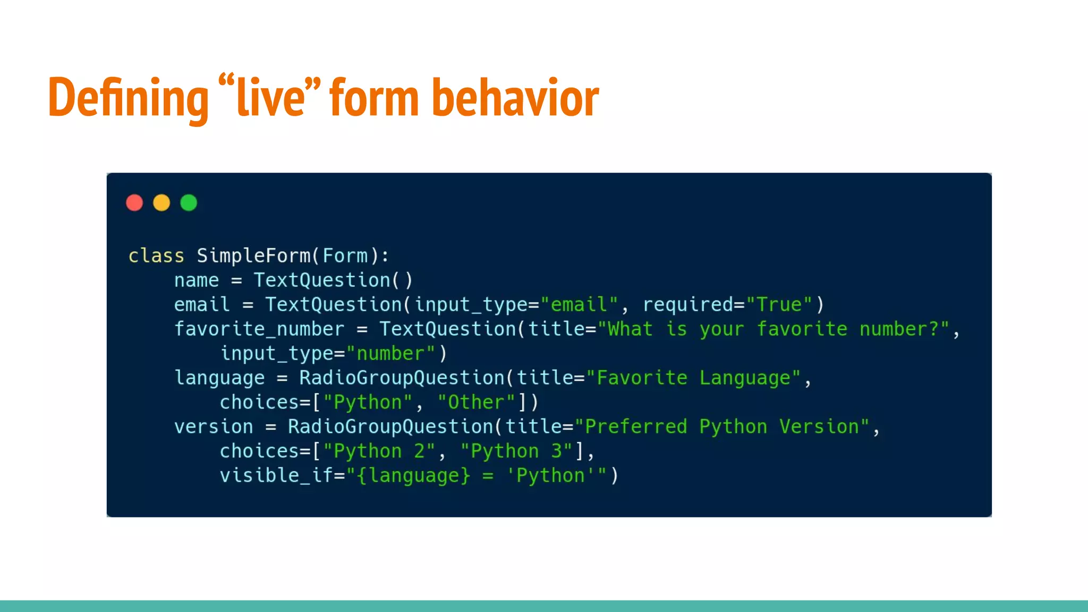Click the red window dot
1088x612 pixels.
[x=134, y=203]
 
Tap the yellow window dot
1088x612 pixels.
[x=161, y=203]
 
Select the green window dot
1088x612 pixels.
[x=189, y=203]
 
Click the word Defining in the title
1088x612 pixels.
[x=128, y=98]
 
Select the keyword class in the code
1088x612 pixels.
[x=156, y=256]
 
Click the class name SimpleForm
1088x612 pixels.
[x=253, y=256]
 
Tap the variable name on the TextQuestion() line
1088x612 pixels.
[x=197, y=280]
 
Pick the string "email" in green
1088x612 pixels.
[x=579, y=305]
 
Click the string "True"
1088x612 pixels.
[x=779, y=305]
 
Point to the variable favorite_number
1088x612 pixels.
[x=259, y=329]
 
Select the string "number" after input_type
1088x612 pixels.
[x=390, y=354]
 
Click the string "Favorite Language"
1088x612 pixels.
[x=693, y=378]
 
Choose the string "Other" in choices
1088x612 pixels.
[x=476, y=403]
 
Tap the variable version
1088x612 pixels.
[x=214, y=427]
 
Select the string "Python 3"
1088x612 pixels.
[x=516, y=452]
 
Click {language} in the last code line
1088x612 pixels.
[x=413, y=475]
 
